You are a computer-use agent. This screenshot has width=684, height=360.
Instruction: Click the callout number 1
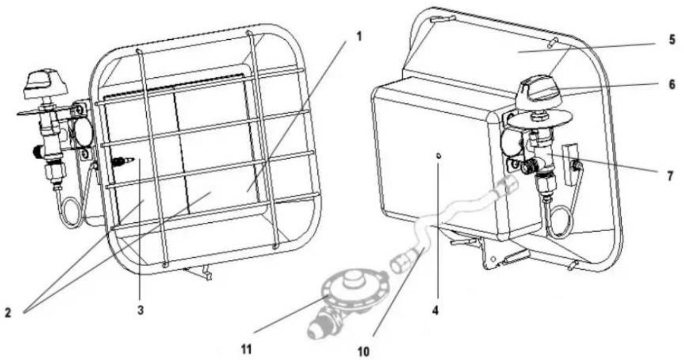coord(359,36)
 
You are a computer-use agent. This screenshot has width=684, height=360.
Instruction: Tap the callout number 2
coord(7,312)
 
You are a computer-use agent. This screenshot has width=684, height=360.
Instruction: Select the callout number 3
coord(140,310)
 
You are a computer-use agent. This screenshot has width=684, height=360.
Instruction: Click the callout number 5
coord(672,39)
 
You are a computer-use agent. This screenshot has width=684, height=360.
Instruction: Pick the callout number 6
coord(672,84)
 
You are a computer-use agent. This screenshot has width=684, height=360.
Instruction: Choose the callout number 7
coord(672,176)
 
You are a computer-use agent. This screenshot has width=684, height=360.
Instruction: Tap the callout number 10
coord(363,351)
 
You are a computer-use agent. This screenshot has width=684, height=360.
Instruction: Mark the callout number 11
coord(246,349)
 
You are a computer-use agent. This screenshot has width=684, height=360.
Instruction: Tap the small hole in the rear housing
coord(439,156)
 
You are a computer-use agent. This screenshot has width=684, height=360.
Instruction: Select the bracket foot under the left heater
coord(198,273)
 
